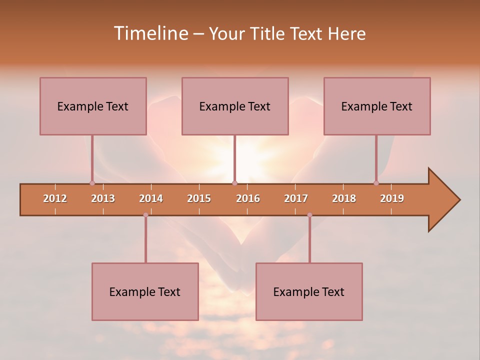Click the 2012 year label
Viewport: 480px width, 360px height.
(x=55, y=198)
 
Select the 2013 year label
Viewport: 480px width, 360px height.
(x=103, y=198)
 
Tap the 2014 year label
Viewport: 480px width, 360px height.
(x=151, y=198)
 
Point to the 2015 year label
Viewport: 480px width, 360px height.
(x=199, y=198)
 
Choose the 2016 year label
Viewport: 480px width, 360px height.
(x=248, y=198)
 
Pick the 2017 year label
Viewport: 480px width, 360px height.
(x=296, y=198)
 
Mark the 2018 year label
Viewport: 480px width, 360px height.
(x=344, y=198)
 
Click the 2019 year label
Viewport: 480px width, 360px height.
(x=392, y=198)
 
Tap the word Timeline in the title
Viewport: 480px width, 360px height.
(x=150, y=33)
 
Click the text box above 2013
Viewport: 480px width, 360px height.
(x=93, y=106)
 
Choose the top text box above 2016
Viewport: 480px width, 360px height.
(x=235, y=106)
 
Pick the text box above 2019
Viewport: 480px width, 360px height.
(x=377, y=106)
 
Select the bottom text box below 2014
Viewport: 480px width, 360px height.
(x=145, y=291)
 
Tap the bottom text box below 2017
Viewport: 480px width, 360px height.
(x=309, y=291)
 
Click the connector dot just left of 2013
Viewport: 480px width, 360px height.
(x=92, y=183)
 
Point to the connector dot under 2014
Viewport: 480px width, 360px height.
(x=145, y=215)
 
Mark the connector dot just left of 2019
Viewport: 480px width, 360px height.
(x=376, y=183)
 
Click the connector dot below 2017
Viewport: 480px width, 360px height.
(x=309, y=215)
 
